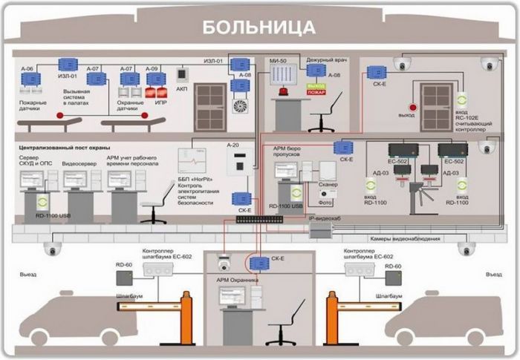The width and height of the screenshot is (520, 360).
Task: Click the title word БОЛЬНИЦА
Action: pyautogui.click(x=259, y=27)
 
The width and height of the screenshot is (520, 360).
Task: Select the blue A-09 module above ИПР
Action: pyautogui.click(x=155, y=78)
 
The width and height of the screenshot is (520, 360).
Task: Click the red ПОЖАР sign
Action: pyautogui.click(x=316, y=93)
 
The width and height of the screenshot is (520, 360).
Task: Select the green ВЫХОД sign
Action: pyautogui.click(x=316, y=85)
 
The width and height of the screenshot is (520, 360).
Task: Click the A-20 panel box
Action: pyautogui.click(x=235, y=166)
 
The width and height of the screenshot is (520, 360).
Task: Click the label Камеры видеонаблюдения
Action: pyautogui.click(x=405, y=239)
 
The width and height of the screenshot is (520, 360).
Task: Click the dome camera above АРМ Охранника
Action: pyautogui.click(x=222, y=262)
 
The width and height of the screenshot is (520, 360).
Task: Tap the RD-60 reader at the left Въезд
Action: pyautogui.click(x=123, y=278)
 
